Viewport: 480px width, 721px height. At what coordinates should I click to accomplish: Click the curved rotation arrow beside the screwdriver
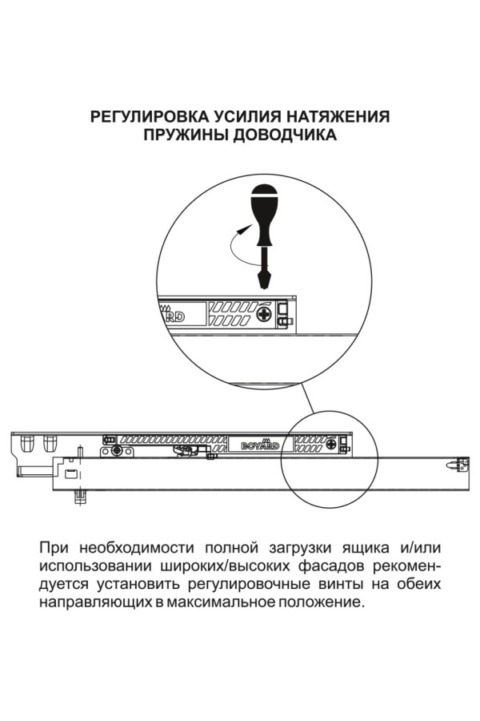point(238,240)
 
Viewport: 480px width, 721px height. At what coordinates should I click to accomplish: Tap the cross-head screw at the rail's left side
point(118,449)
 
